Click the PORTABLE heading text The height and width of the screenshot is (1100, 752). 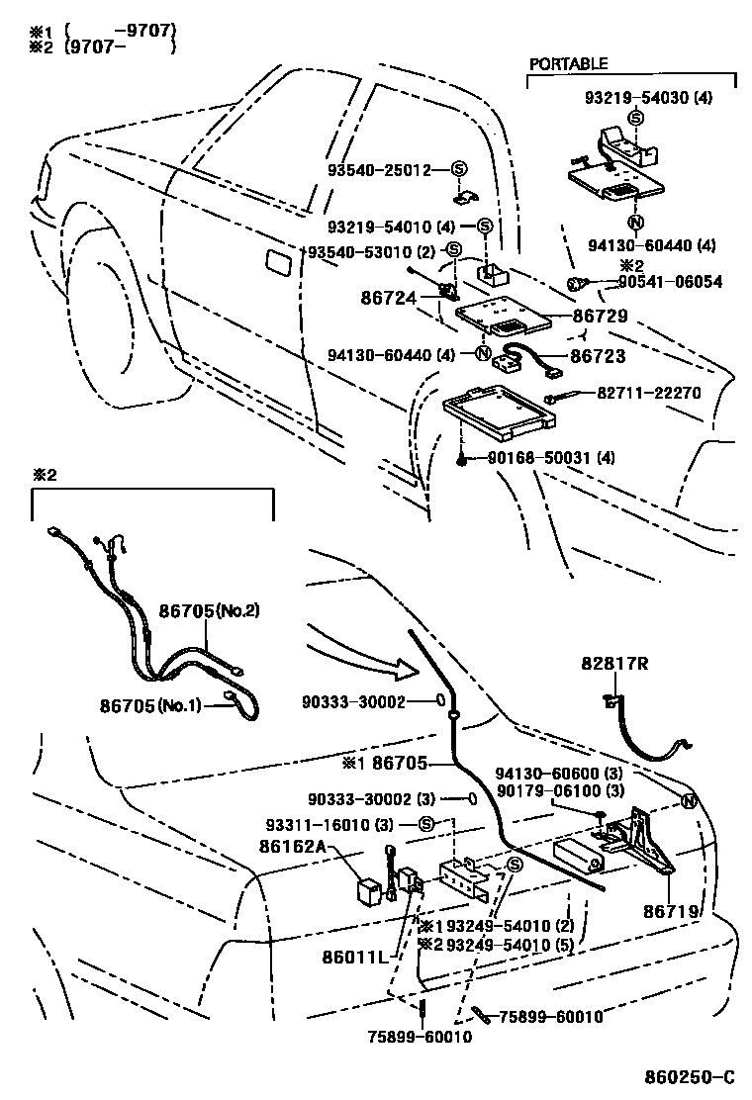(x=568, y=63)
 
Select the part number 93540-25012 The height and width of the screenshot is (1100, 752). (x=380, y=169)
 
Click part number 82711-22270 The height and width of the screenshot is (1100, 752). (x=648, y=393)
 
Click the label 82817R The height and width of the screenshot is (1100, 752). (x=614, y=666)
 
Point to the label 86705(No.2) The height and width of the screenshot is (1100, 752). (x=209, y=611)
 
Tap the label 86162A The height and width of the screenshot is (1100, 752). (x=293, y=848)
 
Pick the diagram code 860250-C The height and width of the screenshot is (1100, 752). (x=688, y=1077)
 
